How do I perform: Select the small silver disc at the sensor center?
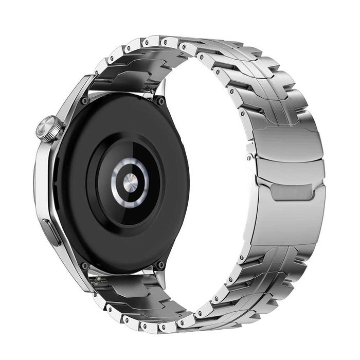130,181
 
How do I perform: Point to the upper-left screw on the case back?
84,101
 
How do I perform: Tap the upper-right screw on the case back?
160,101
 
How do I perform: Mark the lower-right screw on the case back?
160,265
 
